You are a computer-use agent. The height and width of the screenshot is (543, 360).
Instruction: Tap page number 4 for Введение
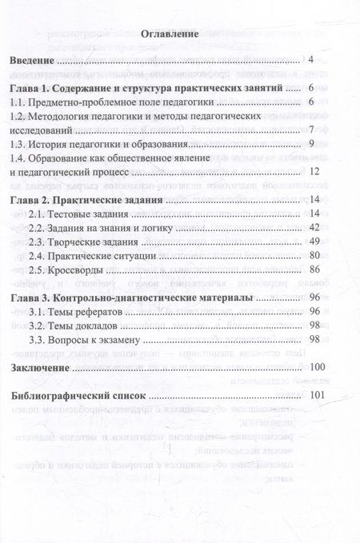tap(310, 61)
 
